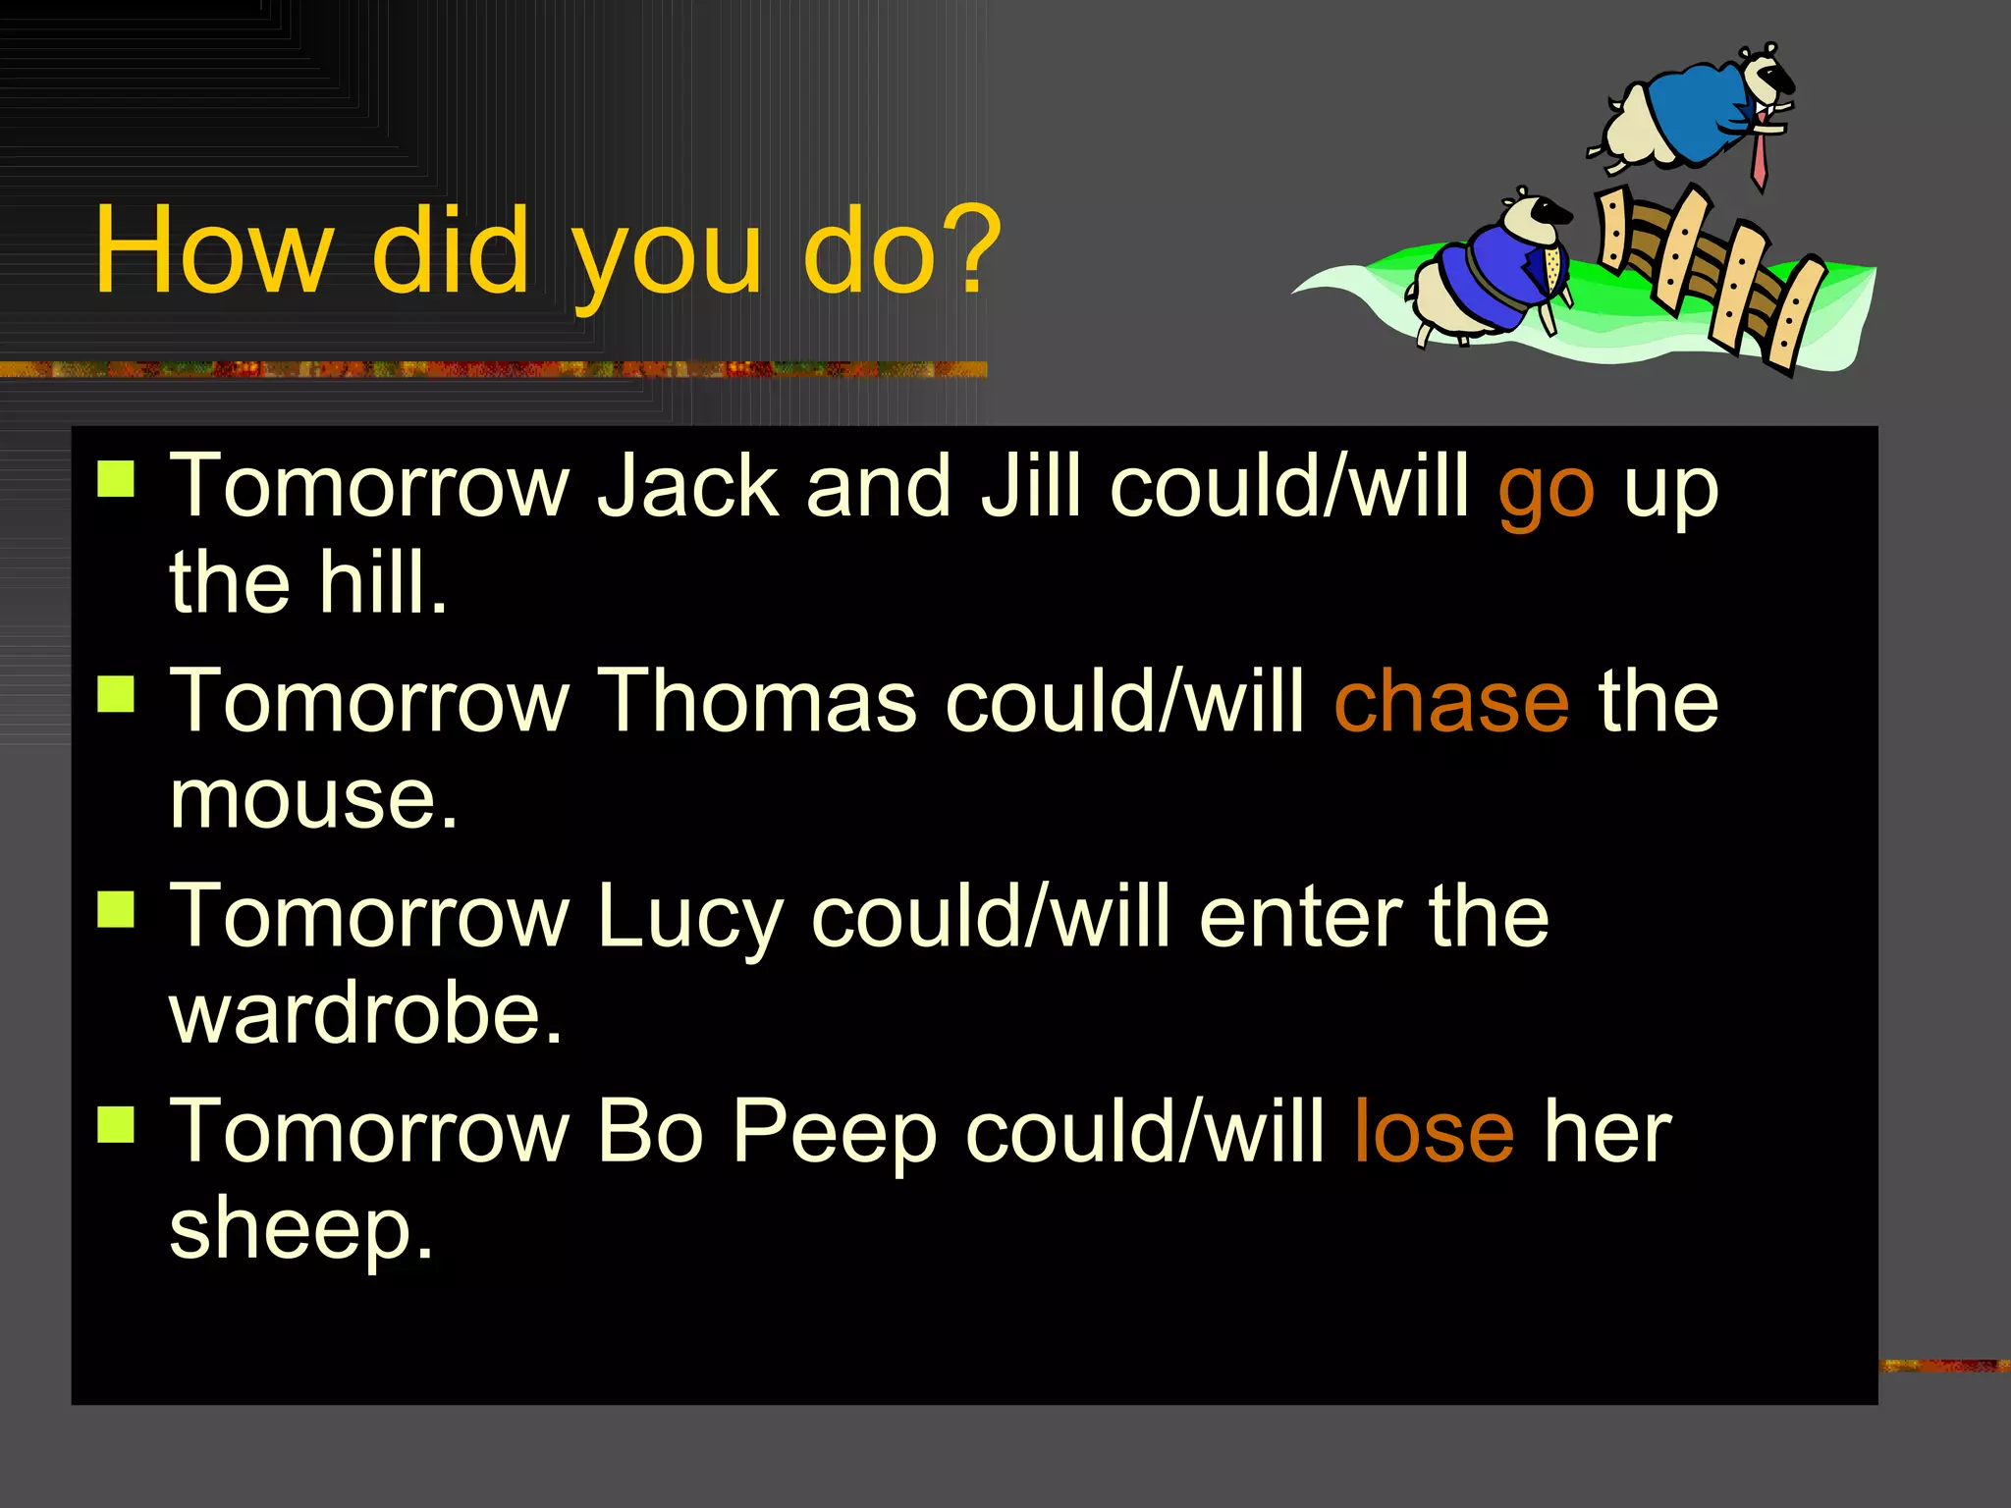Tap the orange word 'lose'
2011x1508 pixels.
(x=1434, y=1132)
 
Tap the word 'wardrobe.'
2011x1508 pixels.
(x=366, y=1013)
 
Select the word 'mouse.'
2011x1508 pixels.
(x=313, y=798)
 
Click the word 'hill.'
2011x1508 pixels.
(x=383, y=583)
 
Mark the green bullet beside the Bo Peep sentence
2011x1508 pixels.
(x=117, y=1125)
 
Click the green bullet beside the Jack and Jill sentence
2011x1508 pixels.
(x=117, y=480)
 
